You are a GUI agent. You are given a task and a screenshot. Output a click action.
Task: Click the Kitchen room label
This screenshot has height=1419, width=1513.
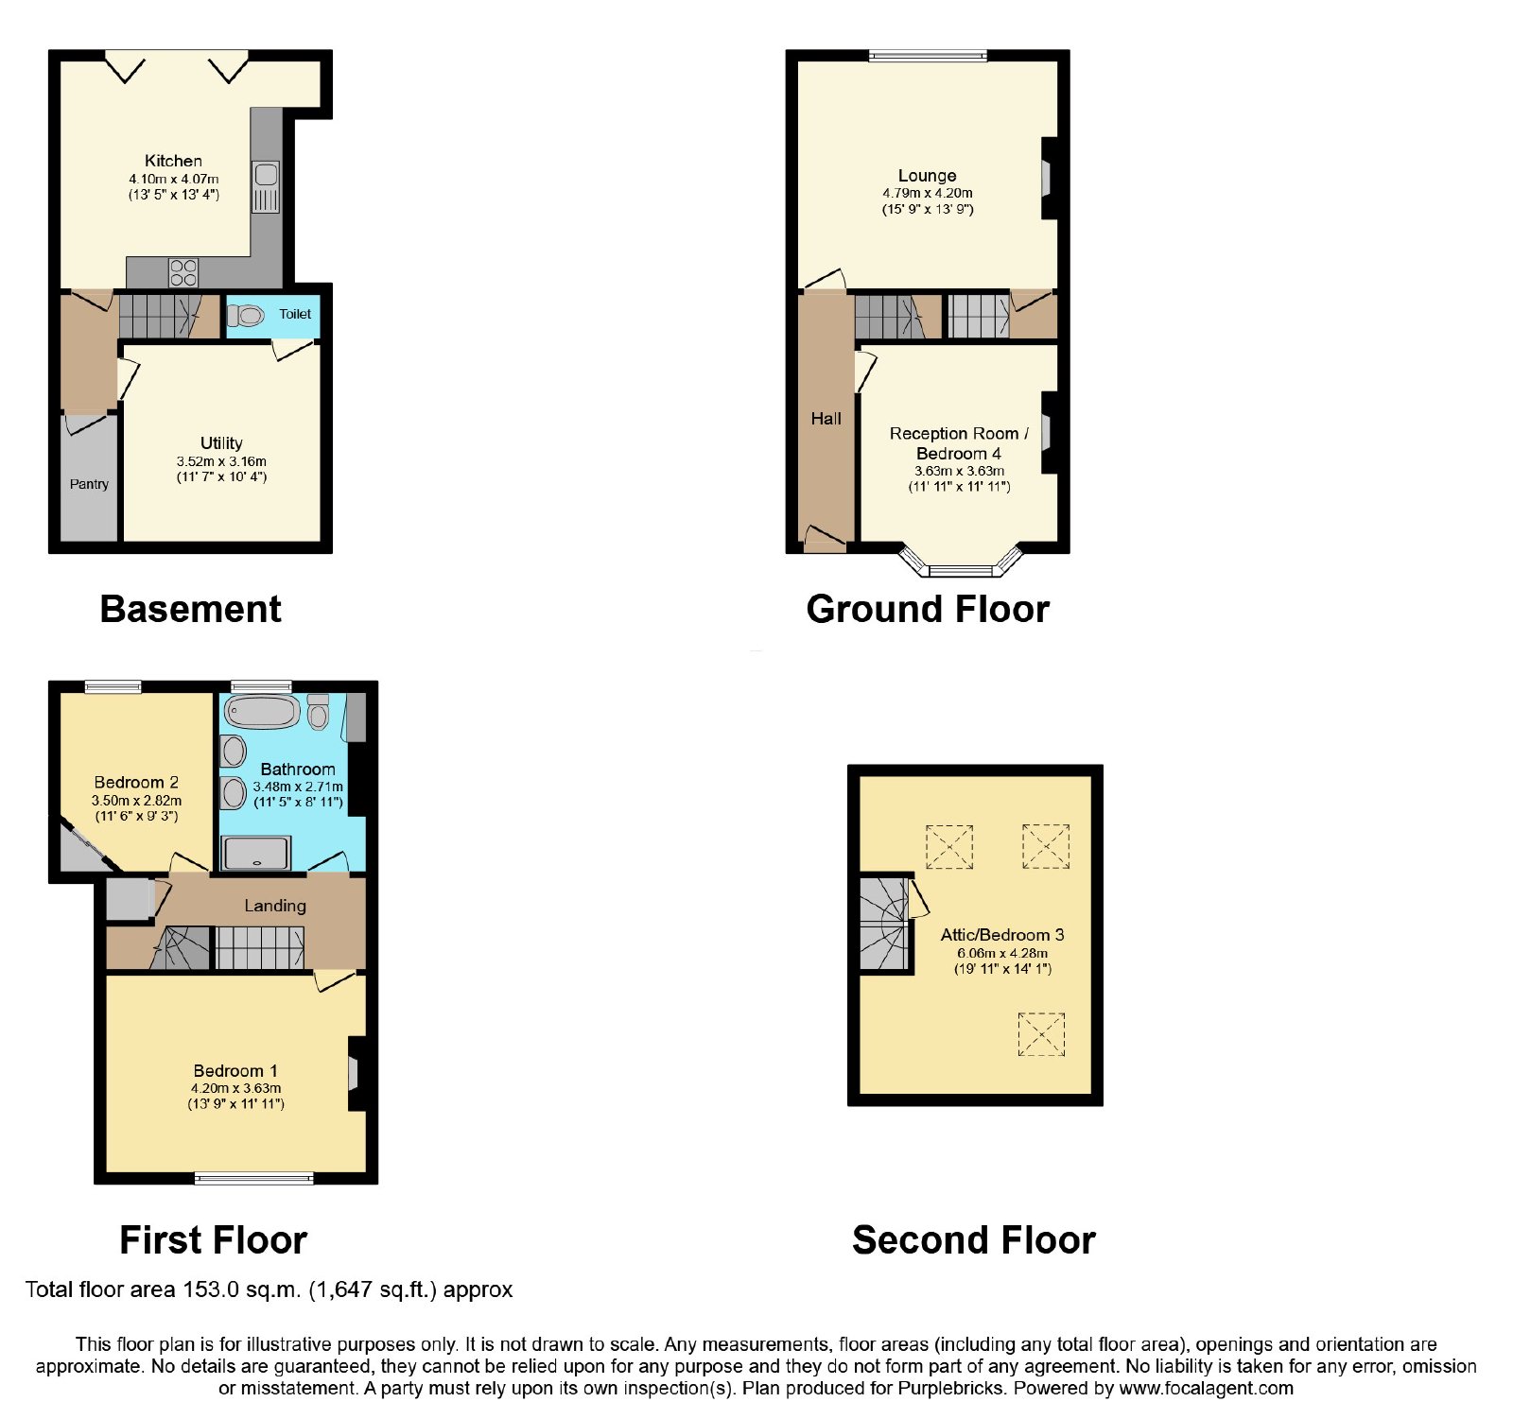173,161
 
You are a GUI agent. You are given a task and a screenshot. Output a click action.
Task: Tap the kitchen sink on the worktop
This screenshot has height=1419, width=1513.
266,186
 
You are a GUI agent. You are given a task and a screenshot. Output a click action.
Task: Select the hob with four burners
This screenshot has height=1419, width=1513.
183,272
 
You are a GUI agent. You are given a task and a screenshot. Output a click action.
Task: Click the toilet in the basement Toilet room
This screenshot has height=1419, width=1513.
246,315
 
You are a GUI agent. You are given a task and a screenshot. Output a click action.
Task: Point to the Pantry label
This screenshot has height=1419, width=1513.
89,484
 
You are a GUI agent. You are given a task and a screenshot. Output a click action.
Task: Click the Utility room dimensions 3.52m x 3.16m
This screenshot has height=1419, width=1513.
221,461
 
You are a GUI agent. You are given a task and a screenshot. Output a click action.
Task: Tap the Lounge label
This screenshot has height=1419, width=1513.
927,176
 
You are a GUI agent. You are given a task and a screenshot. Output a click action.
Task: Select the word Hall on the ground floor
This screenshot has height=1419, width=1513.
826,419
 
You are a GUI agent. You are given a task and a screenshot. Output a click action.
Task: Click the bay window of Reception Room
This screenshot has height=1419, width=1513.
961,563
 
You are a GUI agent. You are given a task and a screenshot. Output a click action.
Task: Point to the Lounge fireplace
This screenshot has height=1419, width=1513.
1048,179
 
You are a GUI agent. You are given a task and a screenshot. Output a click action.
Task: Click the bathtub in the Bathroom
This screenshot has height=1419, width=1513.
262,712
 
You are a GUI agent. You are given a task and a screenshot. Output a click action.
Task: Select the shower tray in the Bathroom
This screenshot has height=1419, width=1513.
255,853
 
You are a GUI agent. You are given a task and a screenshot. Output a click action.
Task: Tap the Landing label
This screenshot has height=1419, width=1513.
275,906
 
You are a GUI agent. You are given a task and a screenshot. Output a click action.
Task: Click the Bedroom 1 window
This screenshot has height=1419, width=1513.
253,1178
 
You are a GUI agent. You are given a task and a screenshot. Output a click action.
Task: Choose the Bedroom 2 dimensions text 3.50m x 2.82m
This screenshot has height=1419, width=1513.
136,801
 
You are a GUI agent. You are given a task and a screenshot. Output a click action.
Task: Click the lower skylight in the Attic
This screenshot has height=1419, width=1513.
1041,1034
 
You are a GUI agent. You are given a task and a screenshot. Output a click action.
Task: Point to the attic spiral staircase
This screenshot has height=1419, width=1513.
885,924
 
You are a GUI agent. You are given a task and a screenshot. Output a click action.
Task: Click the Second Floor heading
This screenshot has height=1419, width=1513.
973,1240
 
